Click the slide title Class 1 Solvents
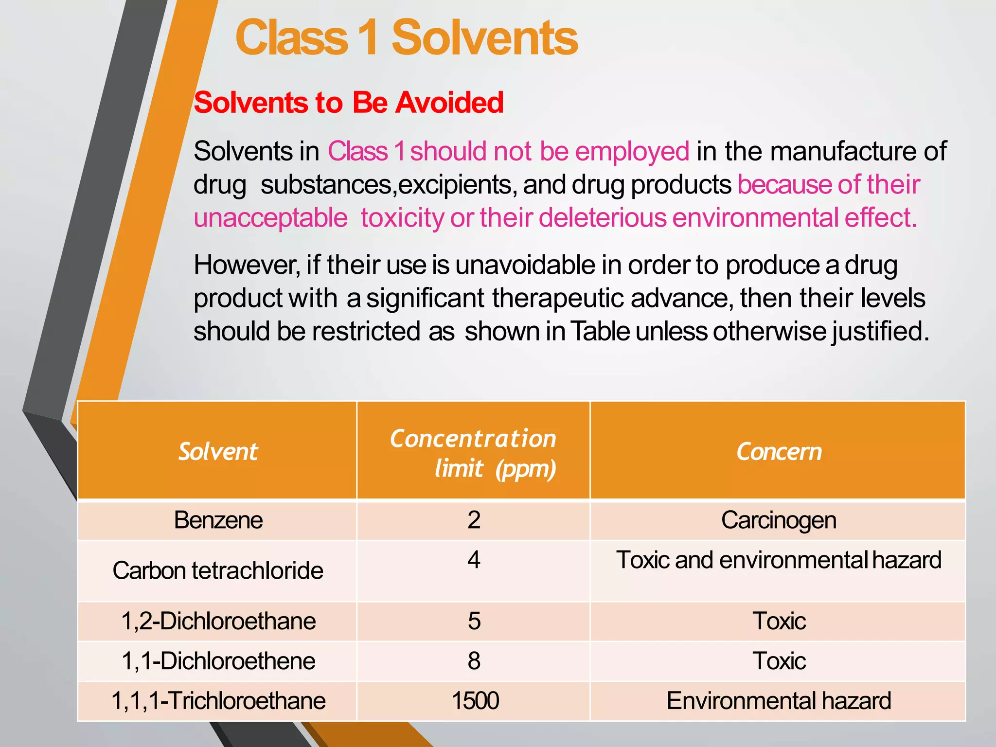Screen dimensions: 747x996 coord(407,38)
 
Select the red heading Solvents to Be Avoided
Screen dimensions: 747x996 coord(348,103)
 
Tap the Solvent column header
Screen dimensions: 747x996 coord(218,452)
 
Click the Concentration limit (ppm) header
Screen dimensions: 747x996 coord(473,453)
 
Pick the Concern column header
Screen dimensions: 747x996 coord(779,452)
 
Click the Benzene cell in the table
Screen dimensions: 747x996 coord(218,520)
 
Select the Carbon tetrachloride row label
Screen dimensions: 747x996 coord(218,570)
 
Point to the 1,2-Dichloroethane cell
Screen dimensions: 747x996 coord(218,622)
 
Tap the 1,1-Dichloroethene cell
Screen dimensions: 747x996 coord(218,661)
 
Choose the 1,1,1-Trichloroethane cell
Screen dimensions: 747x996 coord(218,701)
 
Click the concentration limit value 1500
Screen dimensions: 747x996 coord(475,701)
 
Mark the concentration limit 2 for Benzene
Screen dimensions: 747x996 coord(474,520)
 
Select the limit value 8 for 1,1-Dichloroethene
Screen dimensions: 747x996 coord(474,661)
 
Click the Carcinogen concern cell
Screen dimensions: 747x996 coord(779,520)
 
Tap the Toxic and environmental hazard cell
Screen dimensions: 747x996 coord(779,560)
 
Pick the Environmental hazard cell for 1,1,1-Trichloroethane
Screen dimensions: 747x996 coord(779,701)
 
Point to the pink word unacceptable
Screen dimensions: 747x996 coord(270,218)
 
